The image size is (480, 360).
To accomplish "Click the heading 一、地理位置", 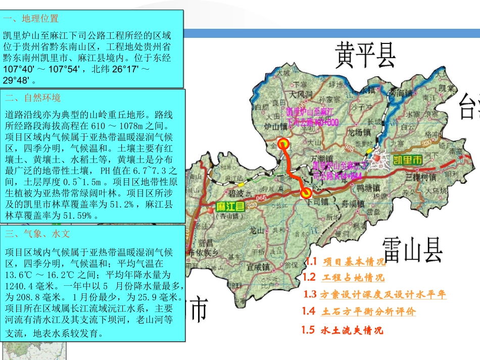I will point(31,19).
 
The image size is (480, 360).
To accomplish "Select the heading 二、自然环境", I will point(32,98).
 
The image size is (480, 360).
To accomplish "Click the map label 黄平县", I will point(365,55).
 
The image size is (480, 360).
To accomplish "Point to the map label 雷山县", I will point(412,249).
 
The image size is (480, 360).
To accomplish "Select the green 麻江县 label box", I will point(230,206).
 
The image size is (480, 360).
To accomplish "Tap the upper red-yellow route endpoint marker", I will point(283,144).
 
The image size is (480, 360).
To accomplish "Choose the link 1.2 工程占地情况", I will point(344,277).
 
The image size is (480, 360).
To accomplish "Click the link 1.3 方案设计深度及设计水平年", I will point(375,295).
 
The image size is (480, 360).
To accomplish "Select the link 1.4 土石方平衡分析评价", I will point(359,312).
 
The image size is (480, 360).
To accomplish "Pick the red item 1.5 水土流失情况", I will point(343,331).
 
